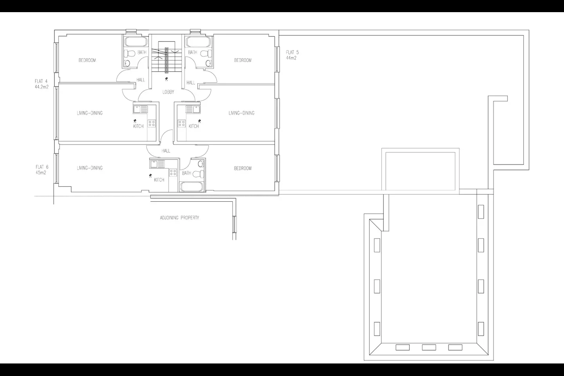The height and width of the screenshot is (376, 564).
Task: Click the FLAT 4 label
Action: [x=41, y=81]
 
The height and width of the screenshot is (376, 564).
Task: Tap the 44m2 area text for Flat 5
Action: [x=291, y=58]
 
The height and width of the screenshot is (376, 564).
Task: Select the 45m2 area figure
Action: [x=41, y=173]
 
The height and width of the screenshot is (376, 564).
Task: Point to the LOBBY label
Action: [x=168, y=92]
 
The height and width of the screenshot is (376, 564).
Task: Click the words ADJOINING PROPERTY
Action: [x=179, y=218]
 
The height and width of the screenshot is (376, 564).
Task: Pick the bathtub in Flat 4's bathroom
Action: [x=136, y=42]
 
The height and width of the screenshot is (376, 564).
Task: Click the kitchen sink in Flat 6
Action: [x=157, y=164]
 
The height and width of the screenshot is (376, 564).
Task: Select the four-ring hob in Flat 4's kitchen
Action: [x=152, y=123]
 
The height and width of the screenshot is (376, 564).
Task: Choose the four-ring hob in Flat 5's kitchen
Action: [x=182, y=123]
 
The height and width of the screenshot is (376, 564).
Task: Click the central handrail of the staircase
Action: [x=166, y=60]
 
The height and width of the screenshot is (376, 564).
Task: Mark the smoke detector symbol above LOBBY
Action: [x=166, y=79]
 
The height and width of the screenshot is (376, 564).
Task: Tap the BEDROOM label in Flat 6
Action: [x=243, y=168]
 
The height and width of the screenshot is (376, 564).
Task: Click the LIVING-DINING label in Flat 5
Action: [x=241, y=113]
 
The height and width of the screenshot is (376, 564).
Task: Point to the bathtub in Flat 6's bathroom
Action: [x=192, y=187]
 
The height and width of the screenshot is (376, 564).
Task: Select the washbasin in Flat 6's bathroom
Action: [x=201, y=164]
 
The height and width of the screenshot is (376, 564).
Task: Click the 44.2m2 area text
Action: [x=42, y=87]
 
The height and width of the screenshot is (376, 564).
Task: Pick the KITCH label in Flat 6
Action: [x=159, y=180]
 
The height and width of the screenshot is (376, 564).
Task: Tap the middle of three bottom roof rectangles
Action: [x=429, y=347]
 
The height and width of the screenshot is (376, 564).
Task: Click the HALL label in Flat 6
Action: [x=166, y=151]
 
